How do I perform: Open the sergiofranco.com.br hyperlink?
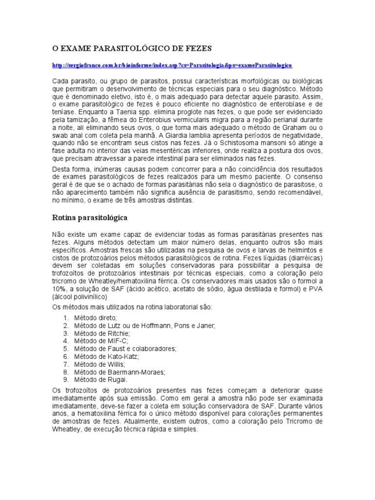pyautogui.click(x=172, y=64)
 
